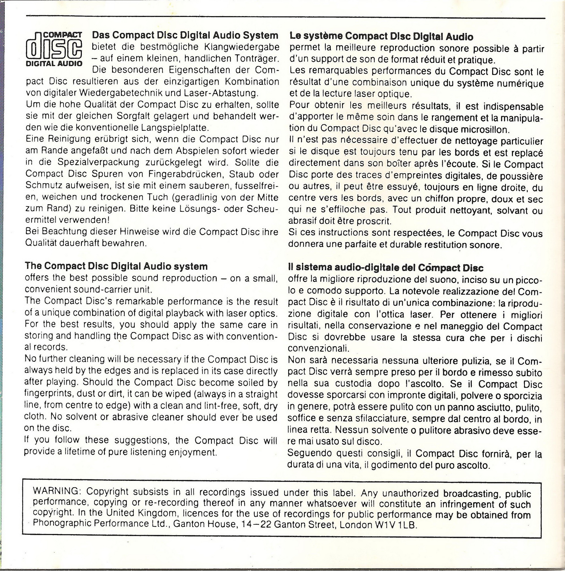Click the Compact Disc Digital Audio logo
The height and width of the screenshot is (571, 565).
tap(54, 49)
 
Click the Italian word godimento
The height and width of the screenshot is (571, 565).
tap(394, 466)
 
